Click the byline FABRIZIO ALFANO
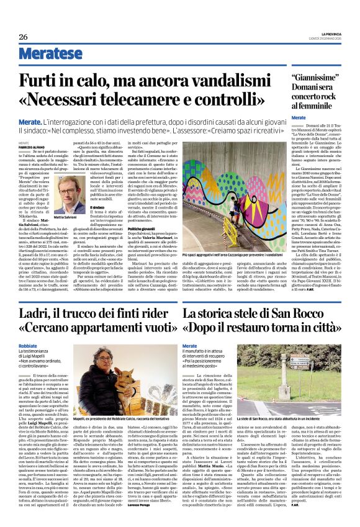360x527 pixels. tap(29, 146)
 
